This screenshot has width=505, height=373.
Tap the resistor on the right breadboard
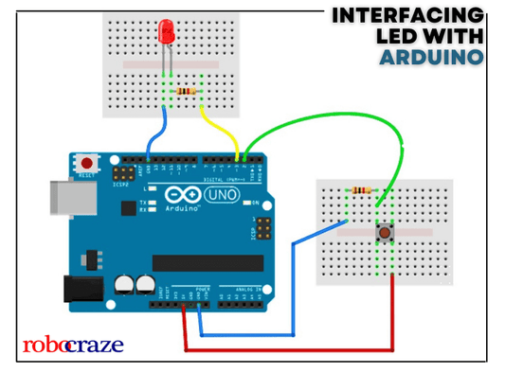pyautogui.click(x=361, y=191)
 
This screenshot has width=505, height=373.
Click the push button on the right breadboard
pyautogui.click(x=386, y=232)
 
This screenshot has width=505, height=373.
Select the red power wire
pyautogui.click(x=284, y=348)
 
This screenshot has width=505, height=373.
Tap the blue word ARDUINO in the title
pyautogui.click(x=432, y=58)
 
